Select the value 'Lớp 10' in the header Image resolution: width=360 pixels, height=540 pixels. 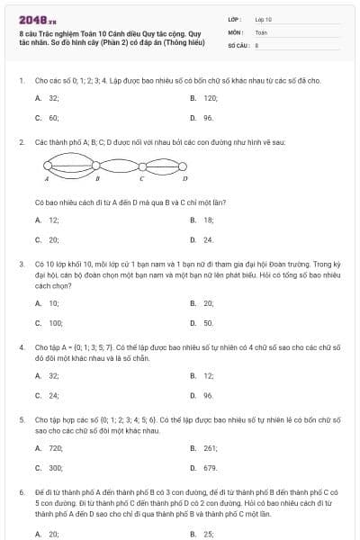(x=263, y=18)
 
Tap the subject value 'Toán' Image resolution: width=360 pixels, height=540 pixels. (x=261, y=31)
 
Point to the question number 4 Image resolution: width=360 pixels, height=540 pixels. (x=21, y=346)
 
